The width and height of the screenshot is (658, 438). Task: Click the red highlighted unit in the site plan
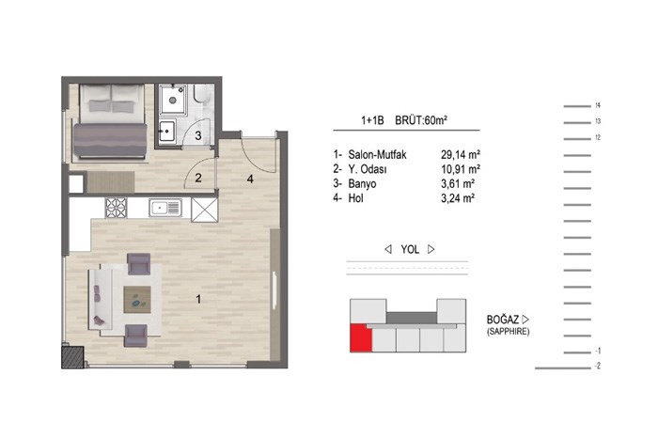pos(361,337)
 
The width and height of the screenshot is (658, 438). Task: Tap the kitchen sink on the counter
pos(164,208)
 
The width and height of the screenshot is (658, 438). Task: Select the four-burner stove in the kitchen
pos(116,208)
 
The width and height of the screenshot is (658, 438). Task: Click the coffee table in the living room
pos(137,300)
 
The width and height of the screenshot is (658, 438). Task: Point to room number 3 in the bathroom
pos(198,135)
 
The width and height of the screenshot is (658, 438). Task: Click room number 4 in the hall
pos(250,180)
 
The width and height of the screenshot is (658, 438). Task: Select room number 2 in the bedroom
pos(198,178)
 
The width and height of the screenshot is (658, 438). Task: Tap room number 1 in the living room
pos(198,299)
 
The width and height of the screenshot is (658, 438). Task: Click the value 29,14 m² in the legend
pos(461,155)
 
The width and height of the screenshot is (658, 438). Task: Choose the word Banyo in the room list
pos(362,184)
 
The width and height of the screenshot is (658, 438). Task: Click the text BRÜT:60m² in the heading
pos(421,120)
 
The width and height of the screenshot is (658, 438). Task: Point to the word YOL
pos(410,250)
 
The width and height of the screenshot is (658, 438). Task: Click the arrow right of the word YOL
pos(431,249)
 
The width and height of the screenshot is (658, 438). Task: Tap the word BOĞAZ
pos(503,320)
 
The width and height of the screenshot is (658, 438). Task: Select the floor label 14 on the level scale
pos(598,105)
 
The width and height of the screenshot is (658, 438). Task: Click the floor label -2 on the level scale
pos(598,366)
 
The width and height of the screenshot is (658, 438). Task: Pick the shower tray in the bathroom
pos(173,100)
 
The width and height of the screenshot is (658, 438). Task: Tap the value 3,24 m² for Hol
pos(458,198)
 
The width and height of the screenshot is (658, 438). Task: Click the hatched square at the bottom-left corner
pos(73,356)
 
